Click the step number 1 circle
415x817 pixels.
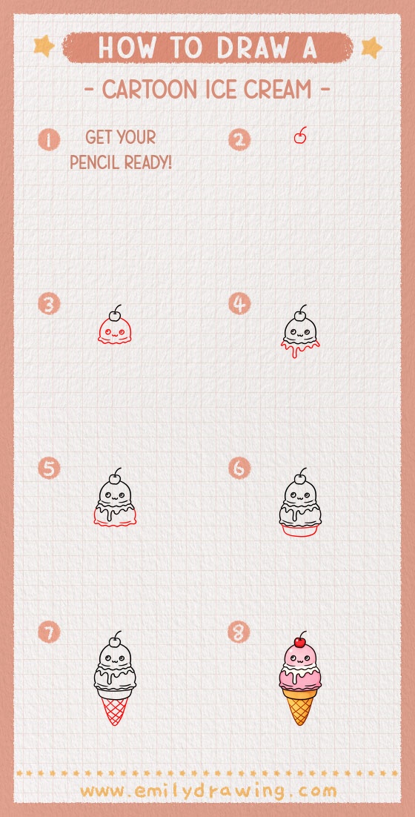[x=49, y=139]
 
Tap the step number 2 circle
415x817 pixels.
[x=239, y=139]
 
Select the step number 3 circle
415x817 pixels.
[x=49, y=304]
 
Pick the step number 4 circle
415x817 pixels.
[x=239, y=304]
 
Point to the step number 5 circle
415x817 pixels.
[x=49, y=469]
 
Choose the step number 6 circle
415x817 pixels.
[x=239, y=469]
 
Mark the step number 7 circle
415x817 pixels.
[x=49, y=632]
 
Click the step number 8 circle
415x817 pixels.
[x=239, y=632]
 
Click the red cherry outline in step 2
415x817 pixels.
[x=300, y=138]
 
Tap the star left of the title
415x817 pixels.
[x=44, y=47]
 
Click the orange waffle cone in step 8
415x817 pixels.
[x=300, y=704]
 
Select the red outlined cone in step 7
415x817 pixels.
[x=114, y=707]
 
